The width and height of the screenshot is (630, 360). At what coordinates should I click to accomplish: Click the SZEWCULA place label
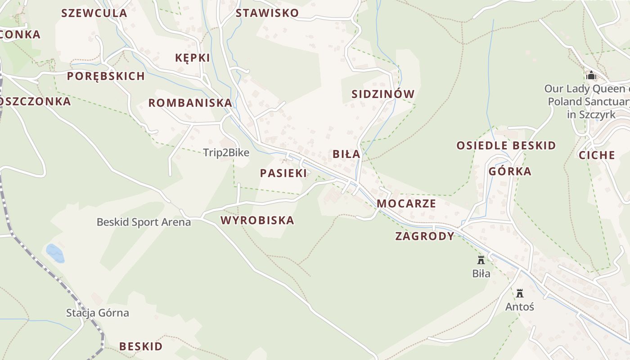94,13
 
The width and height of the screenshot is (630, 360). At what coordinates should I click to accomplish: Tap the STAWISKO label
267,13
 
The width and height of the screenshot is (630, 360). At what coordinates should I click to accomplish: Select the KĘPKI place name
193,58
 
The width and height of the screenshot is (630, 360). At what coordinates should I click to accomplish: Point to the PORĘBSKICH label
106,76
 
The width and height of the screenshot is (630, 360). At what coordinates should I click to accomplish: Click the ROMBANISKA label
190,103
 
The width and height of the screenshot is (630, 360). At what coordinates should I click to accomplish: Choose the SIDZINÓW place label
383,94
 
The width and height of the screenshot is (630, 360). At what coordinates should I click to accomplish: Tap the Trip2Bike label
226,153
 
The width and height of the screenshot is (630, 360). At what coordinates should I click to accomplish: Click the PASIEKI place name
283,173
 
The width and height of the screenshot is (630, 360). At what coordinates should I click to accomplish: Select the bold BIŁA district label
346,154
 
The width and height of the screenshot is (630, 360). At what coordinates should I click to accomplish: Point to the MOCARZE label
406,203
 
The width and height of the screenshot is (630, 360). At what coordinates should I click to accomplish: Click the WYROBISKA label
257,220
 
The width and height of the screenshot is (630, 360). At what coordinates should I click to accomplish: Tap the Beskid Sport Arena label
144,222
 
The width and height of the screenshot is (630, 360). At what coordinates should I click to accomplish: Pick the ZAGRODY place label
425,236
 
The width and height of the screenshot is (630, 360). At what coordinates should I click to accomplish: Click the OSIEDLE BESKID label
506,145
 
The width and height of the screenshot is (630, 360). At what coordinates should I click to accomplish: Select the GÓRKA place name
510,171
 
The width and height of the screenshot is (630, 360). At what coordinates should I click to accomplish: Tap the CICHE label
597,155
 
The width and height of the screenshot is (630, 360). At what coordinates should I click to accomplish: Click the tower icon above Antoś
520,293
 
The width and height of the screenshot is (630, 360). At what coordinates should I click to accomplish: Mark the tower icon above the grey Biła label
481,260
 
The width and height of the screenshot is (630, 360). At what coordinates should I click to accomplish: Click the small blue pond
55,253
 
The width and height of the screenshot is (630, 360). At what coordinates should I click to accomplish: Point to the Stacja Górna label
98,313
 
